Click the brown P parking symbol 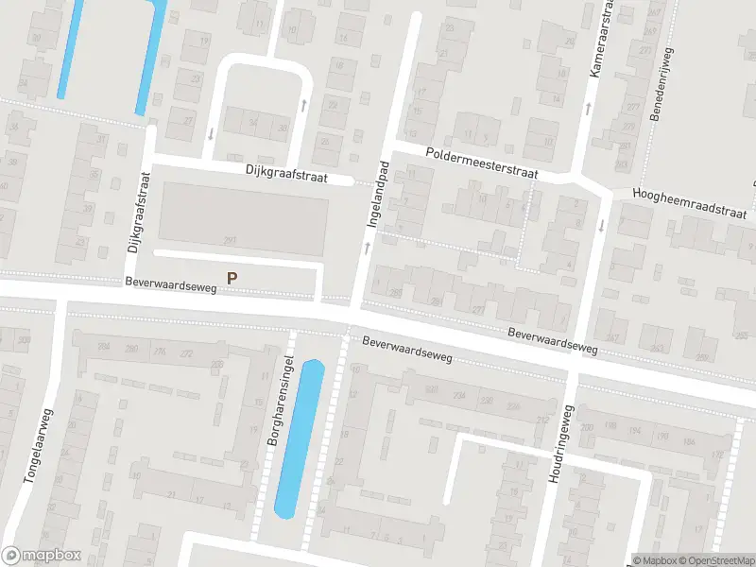(232, 279)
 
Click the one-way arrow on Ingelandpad (367, 248)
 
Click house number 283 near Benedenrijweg (620, 164)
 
